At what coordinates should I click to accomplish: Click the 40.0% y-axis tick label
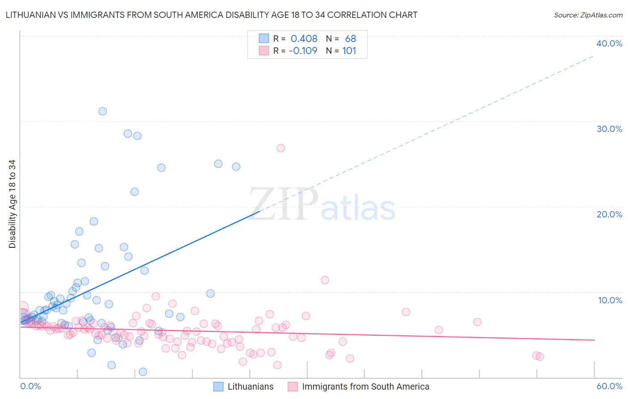coord(609,43)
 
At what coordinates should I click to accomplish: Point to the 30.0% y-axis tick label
coord(609,129)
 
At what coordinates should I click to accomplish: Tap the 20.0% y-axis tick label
coord(609,214)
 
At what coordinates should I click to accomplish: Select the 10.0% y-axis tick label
coord(610,300)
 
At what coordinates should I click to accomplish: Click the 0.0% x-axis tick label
coord(30,386)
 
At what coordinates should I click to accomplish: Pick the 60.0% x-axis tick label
coord(609,386)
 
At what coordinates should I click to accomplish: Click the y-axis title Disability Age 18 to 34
coord(12,204)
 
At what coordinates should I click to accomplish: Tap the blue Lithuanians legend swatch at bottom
coord(218,386)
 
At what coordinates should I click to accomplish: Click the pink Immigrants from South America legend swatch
coord(293,386)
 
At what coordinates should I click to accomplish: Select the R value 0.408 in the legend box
coord(304,39)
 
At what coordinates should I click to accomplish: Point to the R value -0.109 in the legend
coord(303,51)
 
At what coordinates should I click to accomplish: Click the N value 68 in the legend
coord(350,39)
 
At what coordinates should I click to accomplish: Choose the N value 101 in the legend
coord(349,51)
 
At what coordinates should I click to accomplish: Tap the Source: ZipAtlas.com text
coord(588,15)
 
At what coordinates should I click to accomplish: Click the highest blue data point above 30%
coord(103,111)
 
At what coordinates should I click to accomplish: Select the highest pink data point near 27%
coord(281,148)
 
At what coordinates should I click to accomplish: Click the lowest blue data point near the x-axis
coord(143,372)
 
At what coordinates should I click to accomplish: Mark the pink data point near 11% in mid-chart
coord(325,280)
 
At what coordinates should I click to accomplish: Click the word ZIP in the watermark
coord(284,204)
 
